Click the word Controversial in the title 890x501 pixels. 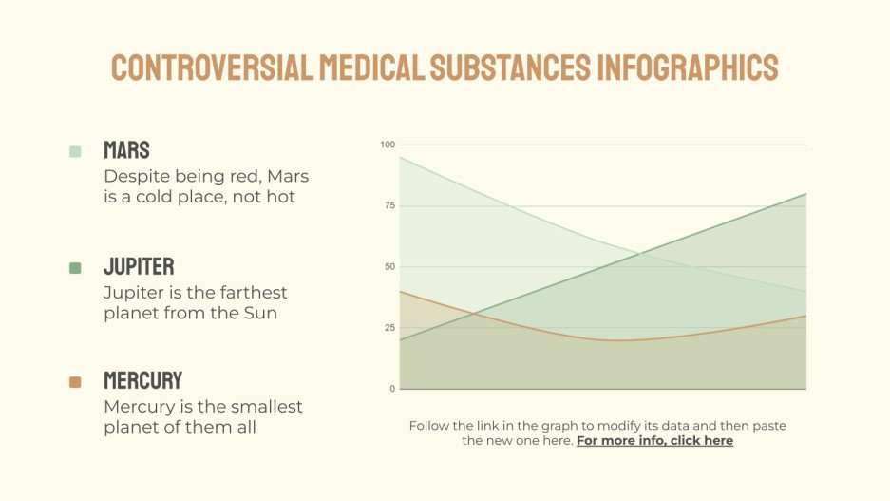(212, 67)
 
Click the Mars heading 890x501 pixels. (126, 150)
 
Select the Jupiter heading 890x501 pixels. (139, 267)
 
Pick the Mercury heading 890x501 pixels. (142, 381)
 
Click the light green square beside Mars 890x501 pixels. (76, 151)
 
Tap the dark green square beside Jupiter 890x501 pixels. (76, 268)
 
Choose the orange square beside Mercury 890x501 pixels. (76, 382)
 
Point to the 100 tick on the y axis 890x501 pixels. (387, 145)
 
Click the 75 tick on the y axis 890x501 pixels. (388, 205)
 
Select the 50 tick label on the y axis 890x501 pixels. (388, 267)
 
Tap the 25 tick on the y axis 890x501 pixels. (388, 328)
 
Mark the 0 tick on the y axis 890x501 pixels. (390, 389)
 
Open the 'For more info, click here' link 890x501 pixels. (654, 441)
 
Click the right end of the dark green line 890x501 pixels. (806, 194)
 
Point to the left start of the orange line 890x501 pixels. (401, 292)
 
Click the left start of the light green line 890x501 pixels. (401, 157)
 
